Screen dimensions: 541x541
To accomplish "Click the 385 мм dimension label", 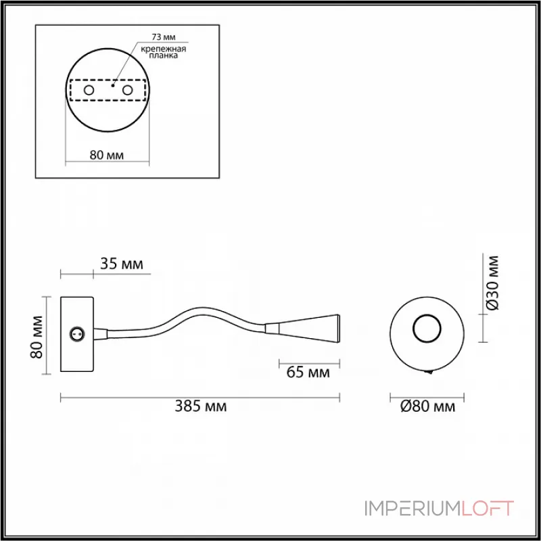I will tap(201, 406).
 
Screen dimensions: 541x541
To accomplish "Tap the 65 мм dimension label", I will tap(308, 372).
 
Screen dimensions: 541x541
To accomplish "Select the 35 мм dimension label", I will tap(122, 264).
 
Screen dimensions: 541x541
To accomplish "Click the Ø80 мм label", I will tap(427, 406).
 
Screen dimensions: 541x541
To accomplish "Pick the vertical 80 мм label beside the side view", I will tap(38, 336).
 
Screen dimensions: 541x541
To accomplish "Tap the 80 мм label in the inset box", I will tap(107, 156).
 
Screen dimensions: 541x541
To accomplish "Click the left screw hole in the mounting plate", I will tap(89, 90).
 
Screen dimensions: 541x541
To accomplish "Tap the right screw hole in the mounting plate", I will tap(126, 90).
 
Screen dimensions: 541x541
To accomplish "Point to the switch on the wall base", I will tap(77, 333).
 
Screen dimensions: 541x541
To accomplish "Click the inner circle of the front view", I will tap(426, 330).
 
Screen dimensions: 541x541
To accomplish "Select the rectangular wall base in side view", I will tap(77, 335).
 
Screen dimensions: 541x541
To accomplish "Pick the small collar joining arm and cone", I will tap(270, 329).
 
